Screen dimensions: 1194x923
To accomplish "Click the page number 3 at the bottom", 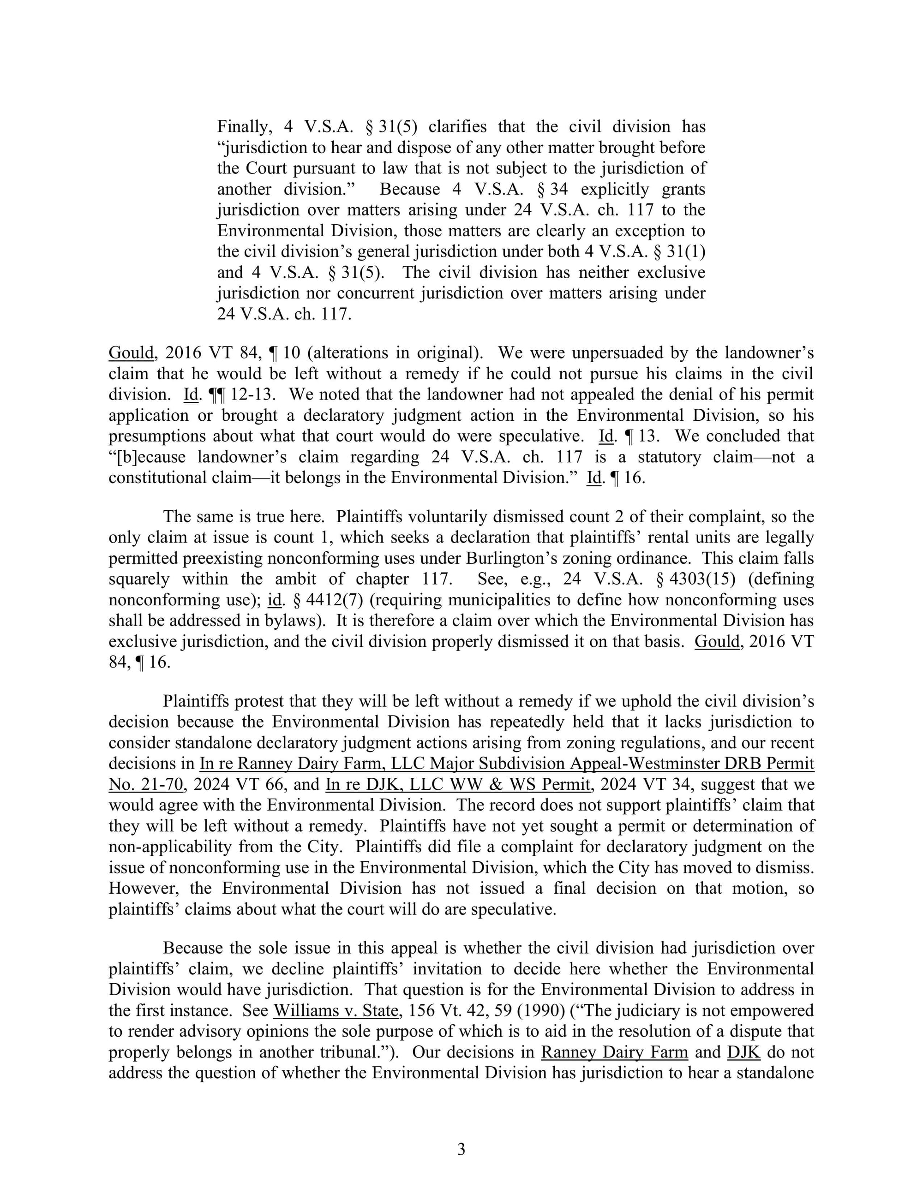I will tap(461, 1150).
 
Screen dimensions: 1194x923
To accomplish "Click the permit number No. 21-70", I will tap(145, 784).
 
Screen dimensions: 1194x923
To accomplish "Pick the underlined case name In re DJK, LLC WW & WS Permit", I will tap(458, 784).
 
